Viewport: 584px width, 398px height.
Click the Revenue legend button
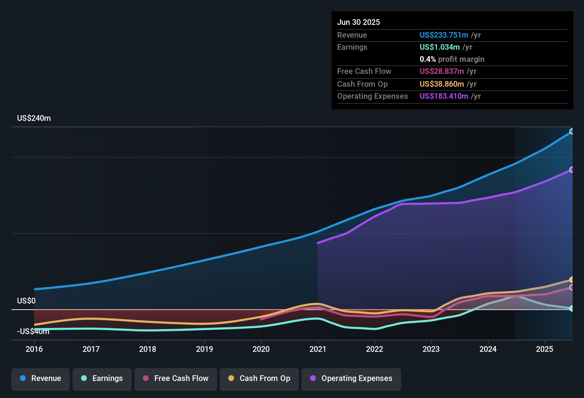[x=41, y=379]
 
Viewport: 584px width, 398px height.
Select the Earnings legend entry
[x=102, y=379]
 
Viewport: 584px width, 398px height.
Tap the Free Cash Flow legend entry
[x=175, y=379]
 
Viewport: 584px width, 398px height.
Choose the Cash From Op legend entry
[x=259, y=379]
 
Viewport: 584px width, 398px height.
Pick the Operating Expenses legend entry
[x=351, y=379]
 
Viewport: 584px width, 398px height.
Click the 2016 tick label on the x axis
[x=34, y=349]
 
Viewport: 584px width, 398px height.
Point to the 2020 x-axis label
[x=261, y=349]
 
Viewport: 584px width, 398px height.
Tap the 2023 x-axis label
[x=431, y=349]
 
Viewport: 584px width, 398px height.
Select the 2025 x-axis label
[x=545, y=349]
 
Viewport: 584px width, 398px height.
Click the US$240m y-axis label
[x=34, y=118]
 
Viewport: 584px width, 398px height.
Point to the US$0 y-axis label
[x=26, y=301]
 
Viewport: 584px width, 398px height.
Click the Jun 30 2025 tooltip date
[x=359, y=22]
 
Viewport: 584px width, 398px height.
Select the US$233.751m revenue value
[x=444, y=35]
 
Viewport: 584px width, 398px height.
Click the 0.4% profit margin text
[x=452, y=59]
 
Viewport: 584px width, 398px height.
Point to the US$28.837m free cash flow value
[x=442, y=71]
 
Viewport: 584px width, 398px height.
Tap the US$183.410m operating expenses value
[x=444, y=96]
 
